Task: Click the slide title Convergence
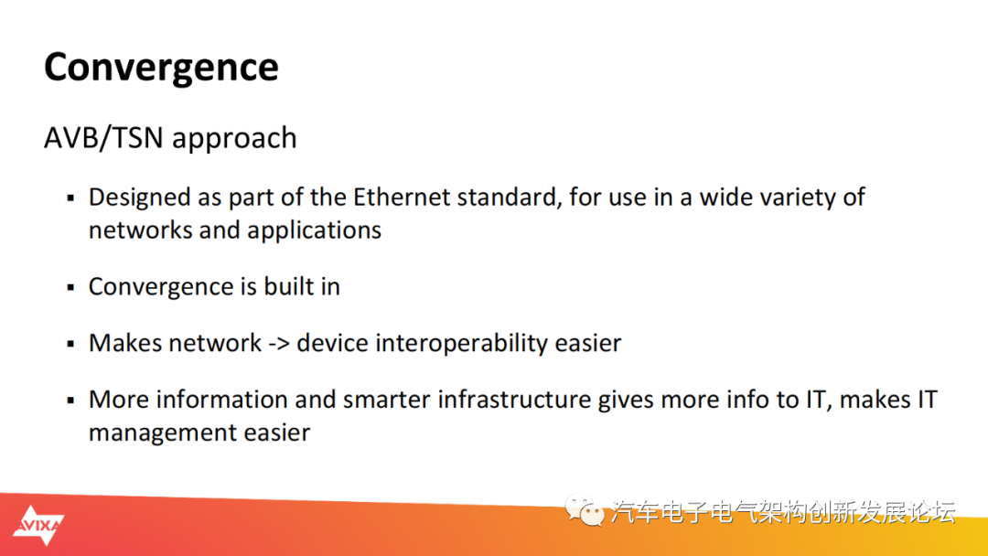pos(161,68)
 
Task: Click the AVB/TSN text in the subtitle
pos(103,138)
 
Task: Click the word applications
pos(315,231)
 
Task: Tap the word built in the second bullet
pos(288,286)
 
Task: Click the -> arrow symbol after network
pos(278,344)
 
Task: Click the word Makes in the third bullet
pos(124,343)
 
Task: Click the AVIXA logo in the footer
pos(38,525)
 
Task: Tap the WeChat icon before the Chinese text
pos(585,511)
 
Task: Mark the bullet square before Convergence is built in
pos(70,288)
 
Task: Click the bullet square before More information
pos(70,401)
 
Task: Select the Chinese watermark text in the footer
pos(783,512)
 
